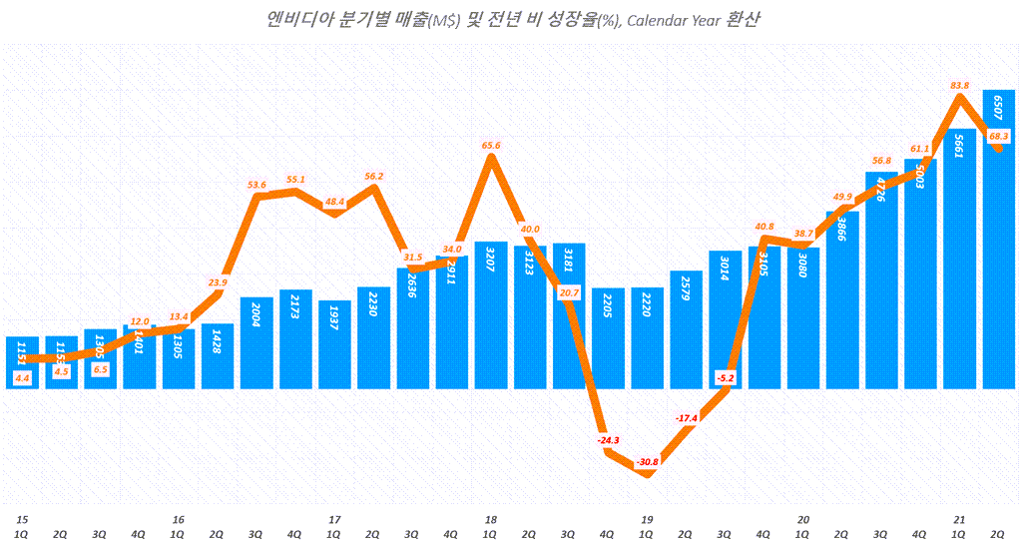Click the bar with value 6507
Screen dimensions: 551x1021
(x=999, y=240)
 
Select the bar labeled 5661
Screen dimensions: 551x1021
(x=960, y=260)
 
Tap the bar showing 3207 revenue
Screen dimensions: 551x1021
(x=491, y=315)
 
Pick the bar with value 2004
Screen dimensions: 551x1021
(x=256, y=344)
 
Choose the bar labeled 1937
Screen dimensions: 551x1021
(x=334, y=345)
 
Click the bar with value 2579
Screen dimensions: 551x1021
(x=687, y=330)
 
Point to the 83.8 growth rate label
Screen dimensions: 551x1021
(x=961, y=85)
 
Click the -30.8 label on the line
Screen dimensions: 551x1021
(x=647, y=461)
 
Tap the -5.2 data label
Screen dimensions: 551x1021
(x=726, y=377)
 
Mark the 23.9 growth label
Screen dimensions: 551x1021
(x=218, y=282)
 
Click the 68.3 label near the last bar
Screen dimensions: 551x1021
(x=1000, y=136)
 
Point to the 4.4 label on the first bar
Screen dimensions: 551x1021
(x=22, y=377)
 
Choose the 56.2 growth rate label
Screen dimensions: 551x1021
(x=373, y=176)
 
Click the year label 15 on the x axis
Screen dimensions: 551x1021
(x=21, y=519)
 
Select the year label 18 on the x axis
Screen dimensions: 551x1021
(x=490, y=519)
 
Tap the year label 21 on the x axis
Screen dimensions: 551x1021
(x=959, y=519)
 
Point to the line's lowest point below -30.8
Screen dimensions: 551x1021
(x=647, y=475)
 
